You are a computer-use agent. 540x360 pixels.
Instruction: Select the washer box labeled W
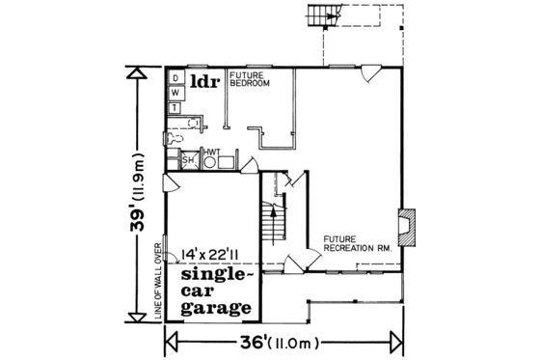[175, 92]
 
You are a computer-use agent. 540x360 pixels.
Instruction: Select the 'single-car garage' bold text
[216, 291]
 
